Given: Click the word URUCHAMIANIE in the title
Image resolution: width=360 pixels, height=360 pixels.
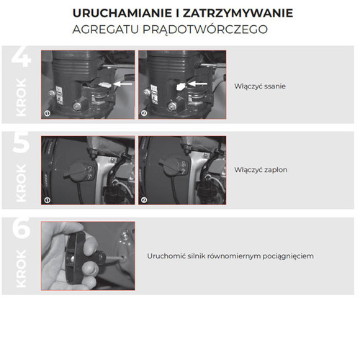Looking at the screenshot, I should tap(114, 14).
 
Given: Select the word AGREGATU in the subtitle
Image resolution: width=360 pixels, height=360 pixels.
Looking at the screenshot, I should tap(104, 30).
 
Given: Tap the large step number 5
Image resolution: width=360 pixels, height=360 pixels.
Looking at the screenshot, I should tap(22, 143).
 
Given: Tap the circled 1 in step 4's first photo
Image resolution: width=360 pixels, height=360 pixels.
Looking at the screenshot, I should tap(48, 113).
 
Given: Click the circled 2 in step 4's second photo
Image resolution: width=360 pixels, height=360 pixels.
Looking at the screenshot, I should tap(144, 113).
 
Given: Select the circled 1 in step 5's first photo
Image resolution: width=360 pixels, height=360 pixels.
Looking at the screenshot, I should tap(48, 199).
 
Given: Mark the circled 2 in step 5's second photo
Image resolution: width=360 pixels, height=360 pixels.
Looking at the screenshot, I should tap(144, 199).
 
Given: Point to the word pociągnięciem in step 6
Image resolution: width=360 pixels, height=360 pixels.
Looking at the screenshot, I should tap(287, 256).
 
